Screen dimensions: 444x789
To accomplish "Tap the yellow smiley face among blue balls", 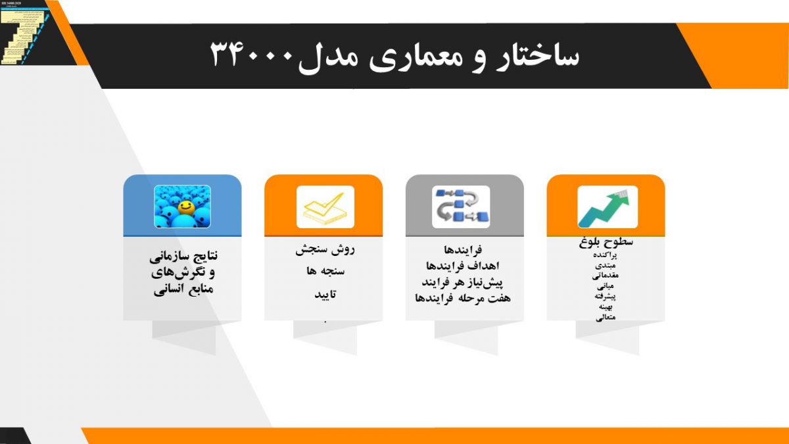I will [185, 208].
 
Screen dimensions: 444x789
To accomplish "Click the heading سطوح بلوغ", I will [606, 242].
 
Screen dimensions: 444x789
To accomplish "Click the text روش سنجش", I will [324, 250].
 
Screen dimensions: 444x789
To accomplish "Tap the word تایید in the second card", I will [324, 294].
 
